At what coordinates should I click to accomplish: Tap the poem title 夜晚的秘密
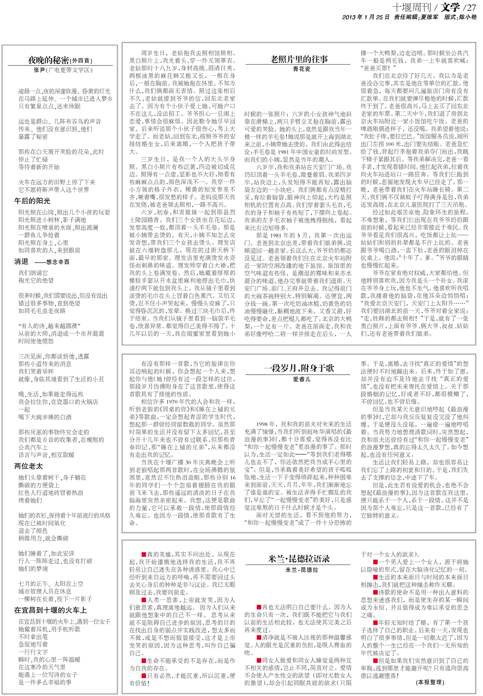(x=48, y=60)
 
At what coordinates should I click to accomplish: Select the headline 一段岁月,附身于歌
(x=298, y=368)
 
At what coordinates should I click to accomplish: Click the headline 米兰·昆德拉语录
(x=298, y=558)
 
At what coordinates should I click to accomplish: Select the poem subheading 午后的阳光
(x=33, y=201)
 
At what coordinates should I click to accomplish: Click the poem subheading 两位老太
(x=29, y=466)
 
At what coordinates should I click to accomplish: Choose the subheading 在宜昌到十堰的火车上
(x=50, y=610)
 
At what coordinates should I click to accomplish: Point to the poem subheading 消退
(x=21, y=261)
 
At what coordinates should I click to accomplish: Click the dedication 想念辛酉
(x=58, y=262)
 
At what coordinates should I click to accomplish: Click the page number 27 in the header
(x=471, y=7)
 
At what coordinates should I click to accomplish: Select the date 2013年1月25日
(x=365, y=17)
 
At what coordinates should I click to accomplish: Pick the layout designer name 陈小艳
(x=468, y=17)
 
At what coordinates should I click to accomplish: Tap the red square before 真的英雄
(x=144, y=555)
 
